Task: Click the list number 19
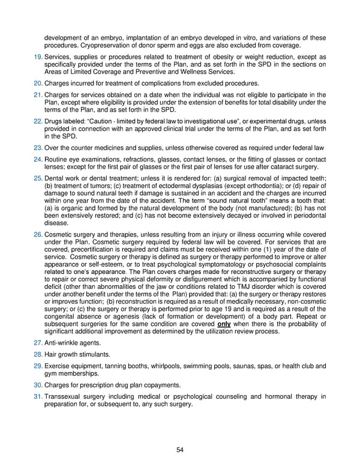[37, 57]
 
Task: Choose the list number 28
[37, 354]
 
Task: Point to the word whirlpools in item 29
[163, 366]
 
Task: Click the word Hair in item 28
[50, 354]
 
